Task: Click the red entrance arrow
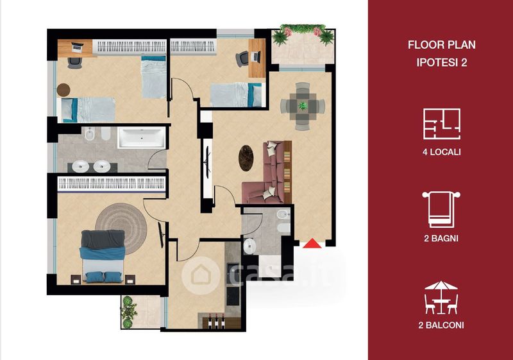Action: pos(312,243)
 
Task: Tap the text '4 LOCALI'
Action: pos(441,152)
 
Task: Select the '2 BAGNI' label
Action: pos(441,238)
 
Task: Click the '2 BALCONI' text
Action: pos(441,325)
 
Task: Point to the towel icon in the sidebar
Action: pos(441,209)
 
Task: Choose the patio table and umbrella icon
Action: pos(441,298)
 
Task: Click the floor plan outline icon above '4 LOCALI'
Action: pos(442,124)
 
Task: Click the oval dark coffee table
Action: pos(246,158)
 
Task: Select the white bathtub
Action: pos(141,137)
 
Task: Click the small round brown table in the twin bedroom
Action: pos(63,90)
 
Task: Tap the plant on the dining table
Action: pos(303,106)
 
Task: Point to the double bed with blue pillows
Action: pos(103,256)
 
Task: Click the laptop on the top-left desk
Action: pos(77,47)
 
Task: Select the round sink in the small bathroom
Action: pos(249,246)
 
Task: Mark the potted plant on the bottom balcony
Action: pos(128,311)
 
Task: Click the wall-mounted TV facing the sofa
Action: pos(207,162)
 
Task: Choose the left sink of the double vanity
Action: pos(80,166)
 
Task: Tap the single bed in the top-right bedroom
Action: pos(236,95)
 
